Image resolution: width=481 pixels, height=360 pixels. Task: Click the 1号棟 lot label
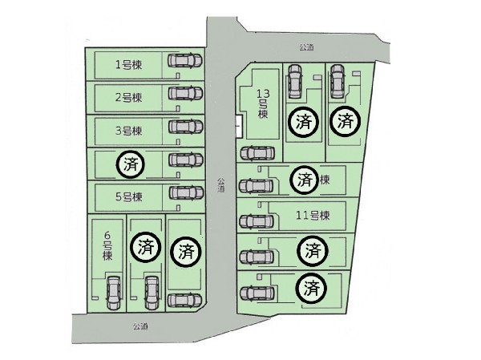coord(128,65)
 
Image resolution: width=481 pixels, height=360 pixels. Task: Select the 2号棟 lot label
coord(128,98)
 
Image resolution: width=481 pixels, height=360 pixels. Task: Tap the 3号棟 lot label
coord(128,131)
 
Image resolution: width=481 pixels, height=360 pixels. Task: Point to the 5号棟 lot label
coord(128,197)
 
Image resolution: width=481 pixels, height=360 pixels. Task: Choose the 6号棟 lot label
coord(107,246)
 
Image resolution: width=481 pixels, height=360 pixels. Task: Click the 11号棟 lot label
coord(313,216)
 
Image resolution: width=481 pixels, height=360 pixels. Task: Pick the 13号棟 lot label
coord(263,103)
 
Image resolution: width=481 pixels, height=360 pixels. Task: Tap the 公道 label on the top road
coord(306,47)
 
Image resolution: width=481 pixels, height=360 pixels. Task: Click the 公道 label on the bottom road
coord(140,326)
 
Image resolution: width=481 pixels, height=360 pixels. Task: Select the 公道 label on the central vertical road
coord(221,185)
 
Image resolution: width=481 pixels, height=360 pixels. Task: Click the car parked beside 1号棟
coord(185,60)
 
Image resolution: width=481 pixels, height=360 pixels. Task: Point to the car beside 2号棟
coord(186,93)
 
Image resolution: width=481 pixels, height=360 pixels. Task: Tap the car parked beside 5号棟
coord(186,192)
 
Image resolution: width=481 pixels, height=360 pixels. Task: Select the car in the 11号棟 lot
coord(257,221)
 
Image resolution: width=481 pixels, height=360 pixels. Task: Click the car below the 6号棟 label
coord(113,293)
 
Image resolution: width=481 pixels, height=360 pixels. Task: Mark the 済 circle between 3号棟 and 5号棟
coord(131,164)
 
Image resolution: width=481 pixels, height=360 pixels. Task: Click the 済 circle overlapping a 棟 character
coord(305,180)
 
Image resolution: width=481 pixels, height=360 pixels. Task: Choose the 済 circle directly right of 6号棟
coord(146,247)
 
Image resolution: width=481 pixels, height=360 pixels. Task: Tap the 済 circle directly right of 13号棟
coord(304,122)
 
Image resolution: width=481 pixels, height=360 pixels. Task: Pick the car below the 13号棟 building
coord(257,153)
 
